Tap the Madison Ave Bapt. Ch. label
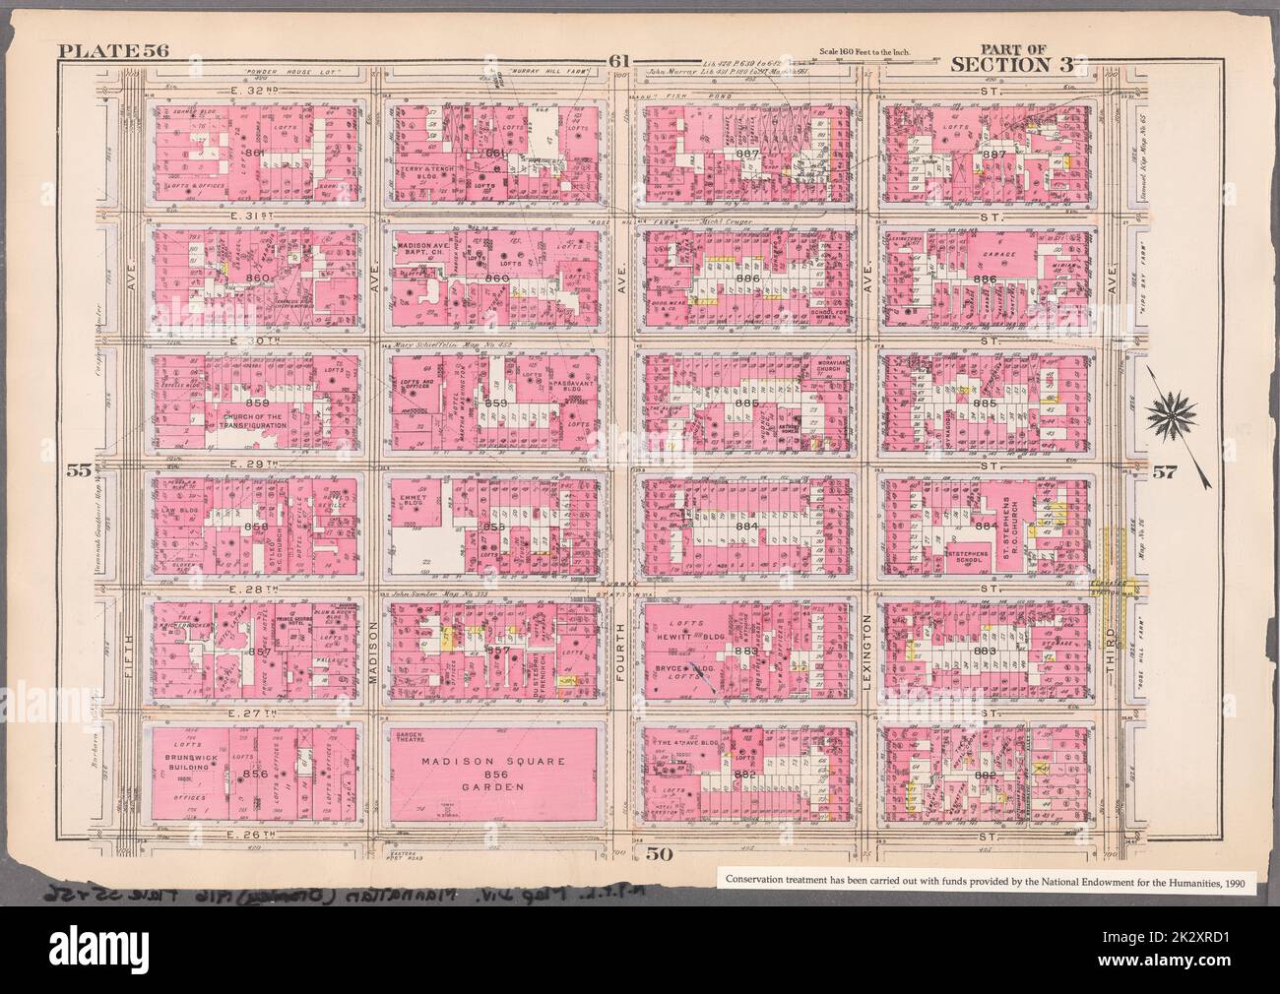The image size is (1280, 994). click(426, 250)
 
